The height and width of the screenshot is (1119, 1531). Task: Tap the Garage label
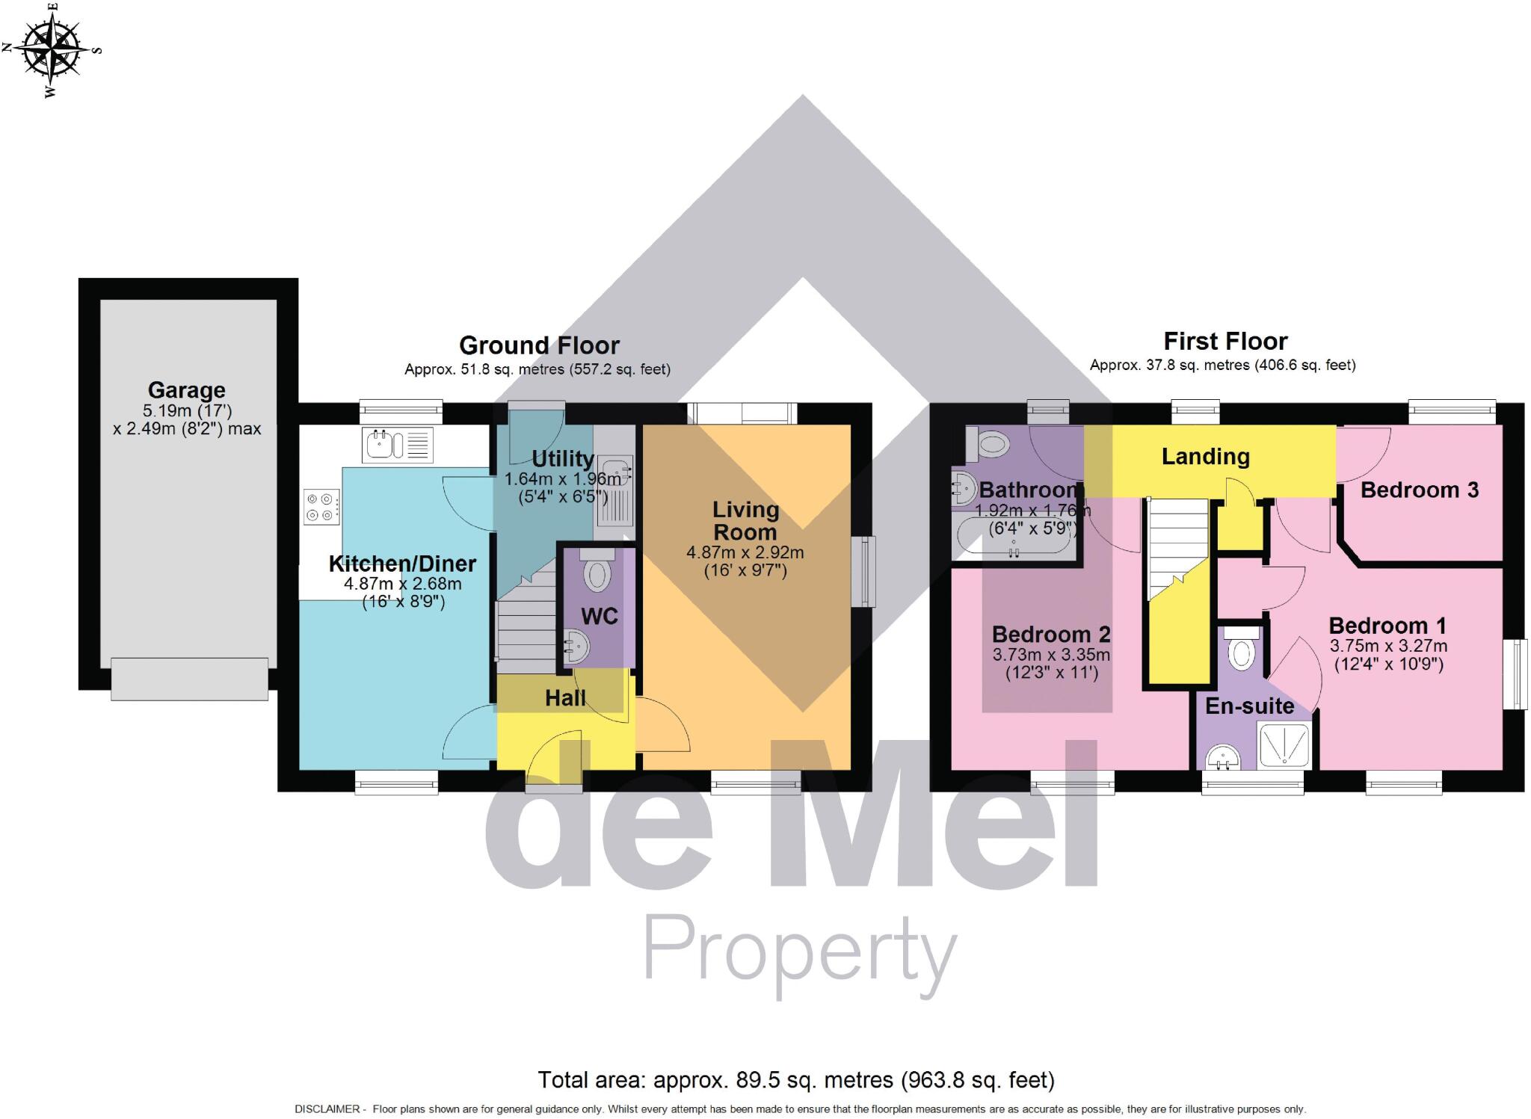[x=186, y=390]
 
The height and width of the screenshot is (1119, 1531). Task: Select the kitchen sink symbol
[x=397, y=445]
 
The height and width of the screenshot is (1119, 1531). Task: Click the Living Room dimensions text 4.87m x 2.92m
[x=745, y=553]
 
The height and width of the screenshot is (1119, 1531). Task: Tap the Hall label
[x=565, y=698]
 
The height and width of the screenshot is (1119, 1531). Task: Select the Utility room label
[x=562, y=458]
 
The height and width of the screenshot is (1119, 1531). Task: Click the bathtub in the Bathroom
[x=1014, y=542]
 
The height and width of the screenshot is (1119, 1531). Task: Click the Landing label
[x=1205, y=457]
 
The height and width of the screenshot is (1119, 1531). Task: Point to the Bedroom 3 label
[x=1419, y=490]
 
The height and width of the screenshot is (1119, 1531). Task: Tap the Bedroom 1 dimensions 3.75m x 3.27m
[x=1387, y=646]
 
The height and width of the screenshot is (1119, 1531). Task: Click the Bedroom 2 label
[x=1050, y=635]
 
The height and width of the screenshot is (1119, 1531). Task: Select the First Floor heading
[x=1225, y=342]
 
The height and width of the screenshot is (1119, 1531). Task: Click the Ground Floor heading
[x=539, y=345]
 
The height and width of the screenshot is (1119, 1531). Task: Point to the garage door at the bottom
[x=189, y=679]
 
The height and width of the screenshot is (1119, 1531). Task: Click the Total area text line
[x=795, y=1080]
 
